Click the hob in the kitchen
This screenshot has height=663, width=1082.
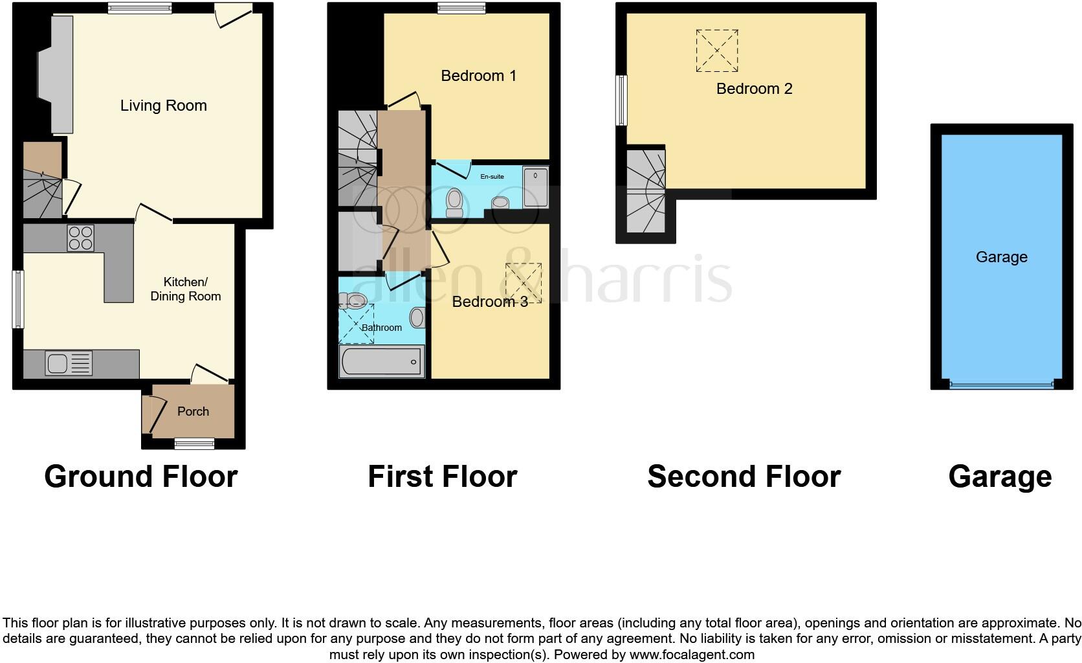(x=80, y=238)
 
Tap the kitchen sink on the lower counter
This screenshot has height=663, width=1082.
(x=69, y=363)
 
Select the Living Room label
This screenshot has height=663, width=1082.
(x=164, y=106)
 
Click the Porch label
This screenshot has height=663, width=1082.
(x=193, y=411)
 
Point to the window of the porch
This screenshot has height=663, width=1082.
(x=194, y=444)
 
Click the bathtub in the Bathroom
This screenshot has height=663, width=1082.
(x=382, y=361)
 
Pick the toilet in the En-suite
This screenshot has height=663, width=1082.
(x=455, y=202)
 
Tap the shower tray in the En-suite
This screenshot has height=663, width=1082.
(x=535, y=187)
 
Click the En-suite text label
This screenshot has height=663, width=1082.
(x=492, y=176)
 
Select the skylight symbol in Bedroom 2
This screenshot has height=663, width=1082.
(x=716, y=51)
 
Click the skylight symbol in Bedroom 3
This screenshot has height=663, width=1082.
(x=523, y=283)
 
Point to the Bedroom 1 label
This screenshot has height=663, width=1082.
(x=478, y=76)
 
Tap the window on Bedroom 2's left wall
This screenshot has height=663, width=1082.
(x=621, y=100)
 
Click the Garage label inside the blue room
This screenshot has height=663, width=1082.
(x=1001, y=257)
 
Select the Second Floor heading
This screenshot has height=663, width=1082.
(x=744, y=477)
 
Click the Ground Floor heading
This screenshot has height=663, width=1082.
(x=141, y=477)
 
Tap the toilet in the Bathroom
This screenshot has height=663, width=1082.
(x=354, y=300)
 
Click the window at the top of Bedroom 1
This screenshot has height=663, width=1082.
(x=461, y=8)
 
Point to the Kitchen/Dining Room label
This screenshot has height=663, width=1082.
(x=186, y=289)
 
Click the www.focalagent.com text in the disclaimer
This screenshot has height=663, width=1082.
(x=691, y=655)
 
